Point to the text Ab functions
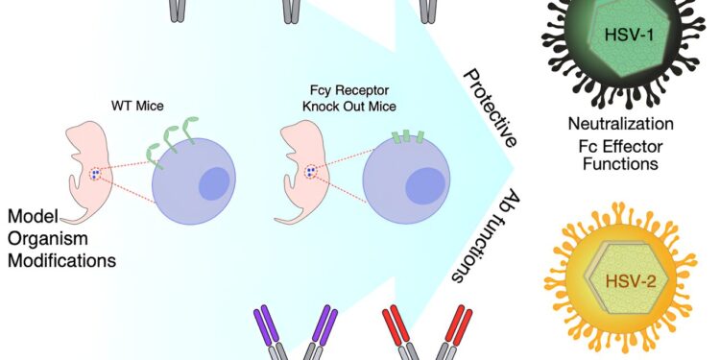[471, 236]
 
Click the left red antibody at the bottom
[395, 331]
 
